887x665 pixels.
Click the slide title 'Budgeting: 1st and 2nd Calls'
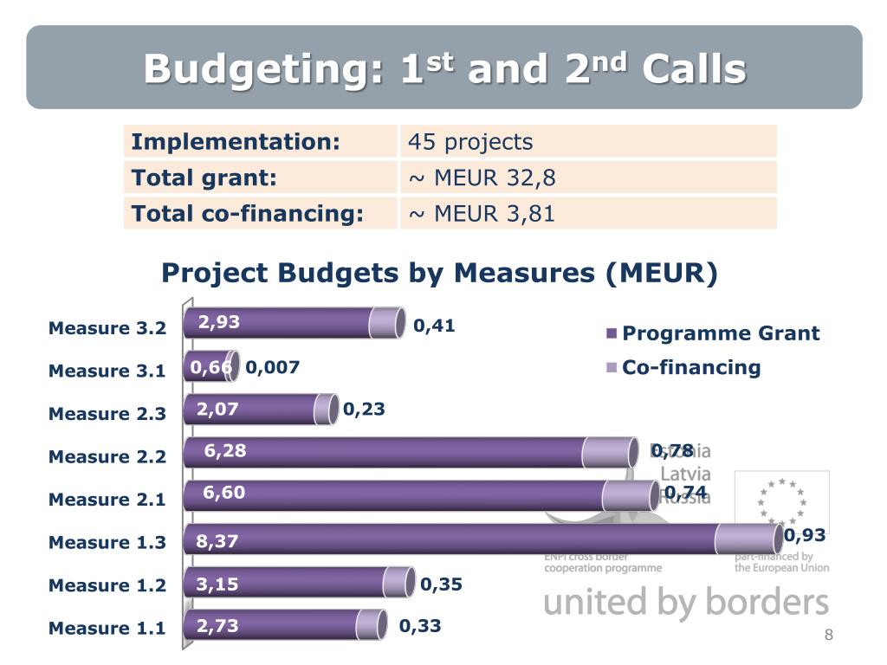pyautogui.click(x=444, y=68)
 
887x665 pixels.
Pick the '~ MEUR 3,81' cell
pyautogui.click(x=482, y=213)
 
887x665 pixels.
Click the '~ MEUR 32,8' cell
pyautogui.click(x=482, y=178)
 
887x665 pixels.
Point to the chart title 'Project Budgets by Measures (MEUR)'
pyautogui.click(x=440, y=273)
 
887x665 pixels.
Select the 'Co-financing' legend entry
pyautogui.click(x=691, y=367)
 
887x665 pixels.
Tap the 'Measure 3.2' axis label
pyautogui.click(x=107, y=328)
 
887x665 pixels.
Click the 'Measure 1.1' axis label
pyautogui.click(x=107, y=629)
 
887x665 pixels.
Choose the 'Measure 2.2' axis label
pyautogui.click(x=107, y=456)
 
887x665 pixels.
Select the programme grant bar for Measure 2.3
pyautogui.click(x=251, y=409)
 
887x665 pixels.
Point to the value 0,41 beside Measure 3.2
pyautogui.click(x=434, y=326)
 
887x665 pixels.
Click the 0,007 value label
pyautogui.click(x=273, y=367)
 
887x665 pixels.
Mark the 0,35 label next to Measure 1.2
pyautogui.click(x=441, y=584)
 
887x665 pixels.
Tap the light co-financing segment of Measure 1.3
pyautogui.click(x=742, y=539)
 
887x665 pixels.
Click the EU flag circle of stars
pyautogui.click(x=781, y=501)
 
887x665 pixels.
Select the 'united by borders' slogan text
pyautogui.click(x=686, y=602)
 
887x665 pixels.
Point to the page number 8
pyautogui.click(x=828, y=636)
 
